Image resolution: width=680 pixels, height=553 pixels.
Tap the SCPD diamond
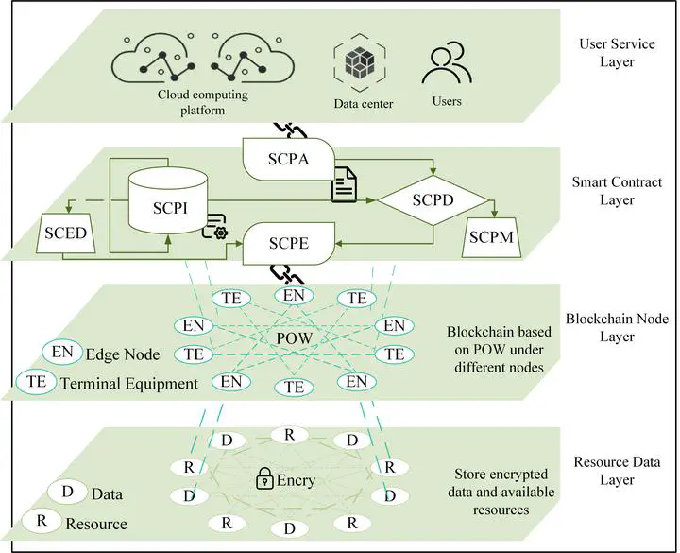[433, 201]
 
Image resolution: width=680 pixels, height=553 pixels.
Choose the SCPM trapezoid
[490, 238]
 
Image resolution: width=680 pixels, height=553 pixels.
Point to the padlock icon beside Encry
[266, 481]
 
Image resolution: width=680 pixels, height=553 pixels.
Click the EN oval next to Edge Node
[61, 353]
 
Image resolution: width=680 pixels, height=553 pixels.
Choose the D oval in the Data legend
[68, 493]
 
